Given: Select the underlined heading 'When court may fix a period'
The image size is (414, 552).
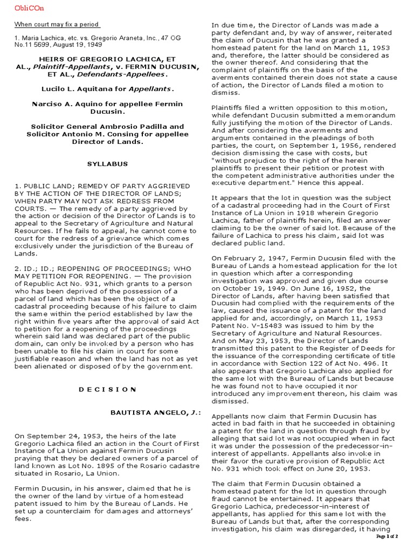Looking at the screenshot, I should click(x=57, y=25).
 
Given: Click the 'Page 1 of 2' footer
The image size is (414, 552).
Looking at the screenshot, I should click(x=387, y=537).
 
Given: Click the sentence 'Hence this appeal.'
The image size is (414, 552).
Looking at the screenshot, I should click(x=334, y=183).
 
